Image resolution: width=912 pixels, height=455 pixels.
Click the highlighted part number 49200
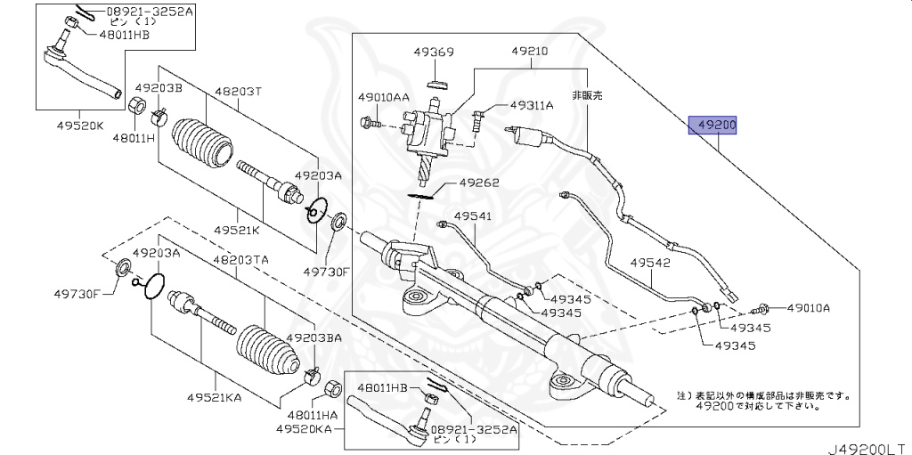click(x=717, y=126)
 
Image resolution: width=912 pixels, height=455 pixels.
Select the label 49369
click(x=434, y=52)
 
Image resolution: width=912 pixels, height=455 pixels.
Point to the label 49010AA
click(x=384, y=96)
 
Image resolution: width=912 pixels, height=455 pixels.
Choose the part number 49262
click(x=479, y=183)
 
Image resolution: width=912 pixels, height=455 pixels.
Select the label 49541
click(x=472, y=215)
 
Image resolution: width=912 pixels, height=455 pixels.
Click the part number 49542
click(x=650, y=264)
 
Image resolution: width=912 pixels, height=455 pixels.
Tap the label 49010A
click(x=808, y=308)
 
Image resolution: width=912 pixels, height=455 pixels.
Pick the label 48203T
click(x=237, y=91)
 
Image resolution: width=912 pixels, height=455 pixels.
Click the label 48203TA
click(x=240, y=260)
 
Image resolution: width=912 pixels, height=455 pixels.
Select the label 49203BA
click(x=313, y=338)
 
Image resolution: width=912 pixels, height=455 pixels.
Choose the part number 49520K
click(x=82, y=125)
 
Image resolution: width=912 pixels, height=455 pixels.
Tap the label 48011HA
click(x=313, y=415)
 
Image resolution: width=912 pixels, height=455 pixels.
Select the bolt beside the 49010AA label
click(x=371, y=122)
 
